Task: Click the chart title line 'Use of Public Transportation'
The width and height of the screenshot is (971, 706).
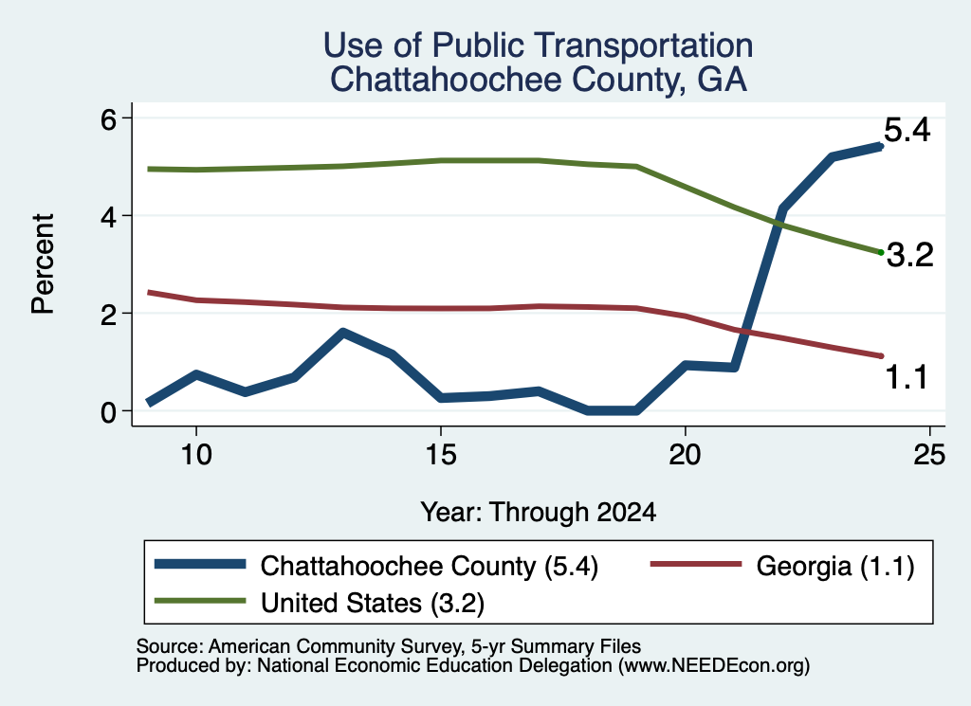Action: [539, 45]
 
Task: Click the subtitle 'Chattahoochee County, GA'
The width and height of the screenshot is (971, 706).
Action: [539, 80]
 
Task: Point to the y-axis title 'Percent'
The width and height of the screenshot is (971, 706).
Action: [44, 264]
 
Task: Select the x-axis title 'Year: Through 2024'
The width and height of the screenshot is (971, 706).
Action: [539, 513]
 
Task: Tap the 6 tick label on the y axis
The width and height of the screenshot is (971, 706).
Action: [108, 118]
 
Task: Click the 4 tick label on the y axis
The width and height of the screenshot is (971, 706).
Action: [108, 217]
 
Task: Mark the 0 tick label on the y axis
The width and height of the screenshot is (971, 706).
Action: [108, 412]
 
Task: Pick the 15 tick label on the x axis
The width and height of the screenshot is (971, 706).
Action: [441, 456]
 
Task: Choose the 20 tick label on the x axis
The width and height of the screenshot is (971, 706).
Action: [685, 456]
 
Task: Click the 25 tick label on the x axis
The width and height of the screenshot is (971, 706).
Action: [929, 456]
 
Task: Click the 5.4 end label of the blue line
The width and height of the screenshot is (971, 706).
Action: [907, 131]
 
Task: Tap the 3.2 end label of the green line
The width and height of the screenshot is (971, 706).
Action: [909, 255]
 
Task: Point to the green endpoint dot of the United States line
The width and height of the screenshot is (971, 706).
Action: [881, 252]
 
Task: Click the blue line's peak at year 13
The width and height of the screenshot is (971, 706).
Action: [343, 333]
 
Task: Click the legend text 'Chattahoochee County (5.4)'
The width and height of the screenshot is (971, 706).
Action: [430, 566]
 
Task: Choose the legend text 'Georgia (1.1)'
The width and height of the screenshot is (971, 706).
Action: [835, 566]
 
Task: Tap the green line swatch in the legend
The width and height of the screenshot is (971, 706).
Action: [200, 601]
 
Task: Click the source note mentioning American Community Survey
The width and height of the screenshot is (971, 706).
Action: [389, 646]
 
